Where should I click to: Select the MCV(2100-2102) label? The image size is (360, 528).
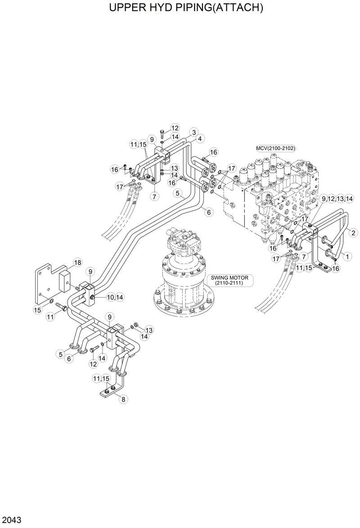tap(276, 148)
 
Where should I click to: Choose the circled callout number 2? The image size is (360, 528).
tap(353, 233)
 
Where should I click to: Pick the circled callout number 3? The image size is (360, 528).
tap(193, 132)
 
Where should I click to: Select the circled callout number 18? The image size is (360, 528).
tap(77, 262)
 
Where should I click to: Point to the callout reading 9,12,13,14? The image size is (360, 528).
tap(337, 198)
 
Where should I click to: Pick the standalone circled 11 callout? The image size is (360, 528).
tap(50, 318)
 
